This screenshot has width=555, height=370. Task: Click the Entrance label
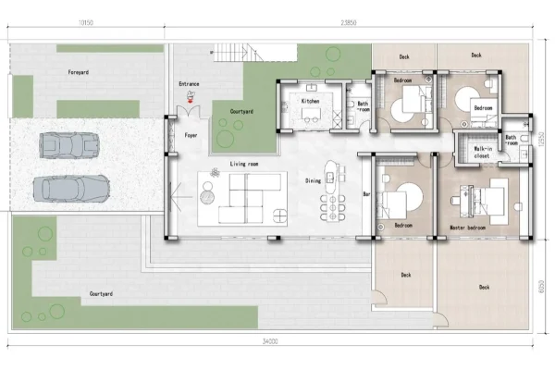tap(189, 84)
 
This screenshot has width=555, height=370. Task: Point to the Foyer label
tap(191, 135)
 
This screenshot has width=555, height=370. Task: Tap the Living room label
tap(244, 164)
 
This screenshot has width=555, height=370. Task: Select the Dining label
tap(314, 180)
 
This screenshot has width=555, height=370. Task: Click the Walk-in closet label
tap(483, 152)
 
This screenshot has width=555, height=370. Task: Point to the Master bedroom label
tap(468, 228)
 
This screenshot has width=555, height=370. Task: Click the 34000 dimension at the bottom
tap(270, 342)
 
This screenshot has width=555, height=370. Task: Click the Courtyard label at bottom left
tap(101, 293)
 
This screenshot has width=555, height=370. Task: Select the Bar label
tap(366, 194)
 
